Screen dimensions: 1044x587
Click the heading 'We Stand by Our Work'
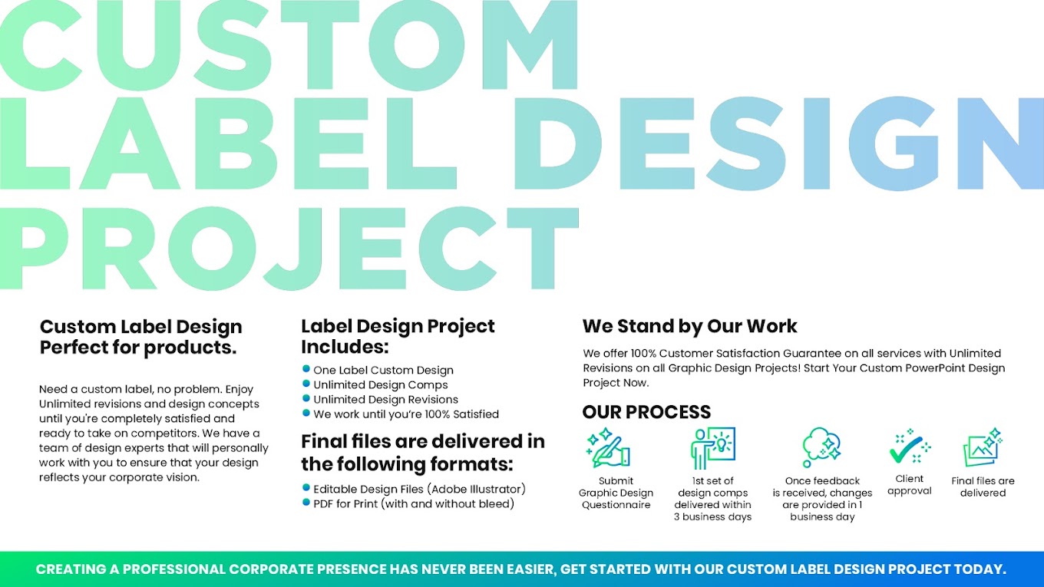[x=690, y=326]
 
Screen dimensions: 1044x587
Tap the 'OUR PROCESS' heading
[x=646, y=412]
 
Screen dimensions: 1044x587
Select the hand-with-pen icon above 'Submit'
[x=608, y=447]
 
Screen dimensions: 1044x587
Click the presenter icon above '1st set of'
[x=713, y=447]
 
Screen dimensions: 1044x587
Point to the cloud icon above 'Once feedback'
[x=821, y=447]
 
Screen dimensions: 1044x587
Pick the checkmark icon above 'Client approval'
[x=910, y=447]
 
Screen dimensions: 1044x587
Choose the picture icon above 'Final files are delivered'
[x=983, y=447]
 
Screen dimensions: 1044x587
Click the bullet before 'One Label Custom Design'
[x=306, y=369]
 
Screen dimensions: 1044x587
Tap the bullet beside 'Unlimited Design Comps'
[x=306, y=384]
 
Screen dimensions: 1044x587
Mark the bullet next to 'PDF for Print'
[x=306, y=503]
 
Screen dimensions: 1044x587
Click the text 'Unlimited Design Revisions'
[x=385, y=399]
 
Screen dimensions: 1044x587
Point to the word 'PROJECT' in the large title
[x=289, y=249]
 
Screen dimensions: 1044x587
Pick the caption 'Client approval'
[x=910, y=484]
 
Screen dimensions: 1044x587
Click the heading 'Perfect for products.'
[x=138, y=348]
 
